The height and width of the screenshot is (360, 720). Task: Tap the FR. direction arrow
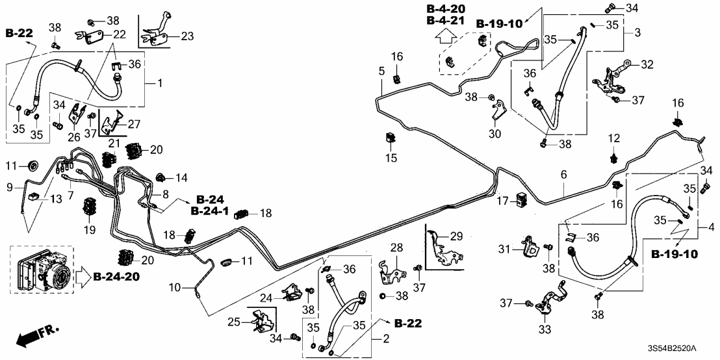point(36,337)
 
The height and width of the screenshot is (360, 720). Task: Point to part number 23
point(187,36)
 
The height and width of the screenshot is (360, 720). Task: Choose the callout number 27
point(133,123)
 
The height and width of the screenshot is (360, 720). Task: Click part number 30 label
point(495,134)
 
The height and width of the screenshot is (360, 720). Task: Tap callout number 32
point(647,64)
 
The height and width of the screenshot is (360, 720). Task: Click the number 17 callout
point(504,202)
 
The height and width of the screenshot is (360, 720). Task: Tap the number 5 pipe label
point(382,70)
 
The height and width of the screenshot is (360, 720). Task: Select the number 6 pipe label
point(563,174)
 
